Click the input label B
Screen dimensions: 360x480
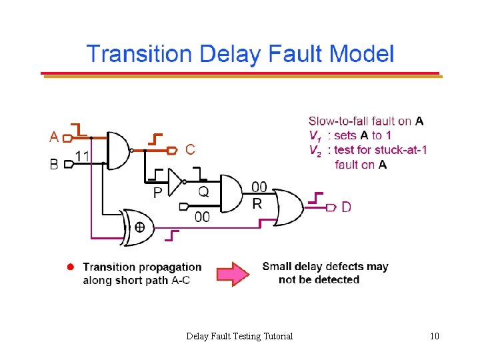click(55, 163)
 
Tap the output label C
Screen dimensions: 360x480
click(191, 150)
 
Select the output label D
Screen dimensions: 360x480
click(347, 207)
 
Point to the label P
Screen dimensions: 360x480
click(158, 193)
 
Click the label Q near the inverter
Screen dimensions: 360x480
click(204, 191)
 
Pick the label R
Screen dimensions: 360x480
click(257, 203)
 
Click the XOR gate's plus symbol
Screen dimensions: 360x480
click(141, 228)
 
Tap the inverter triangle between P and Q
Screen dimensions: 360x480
click(176, 181)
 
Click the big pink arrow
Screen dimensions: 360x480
click(231, 273)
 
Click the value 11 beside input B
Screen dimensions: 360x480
click(83, 155)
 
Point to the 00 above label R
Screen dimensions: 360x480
click(259, 187)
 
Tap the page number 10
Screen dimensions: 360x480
click(435, 336)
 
